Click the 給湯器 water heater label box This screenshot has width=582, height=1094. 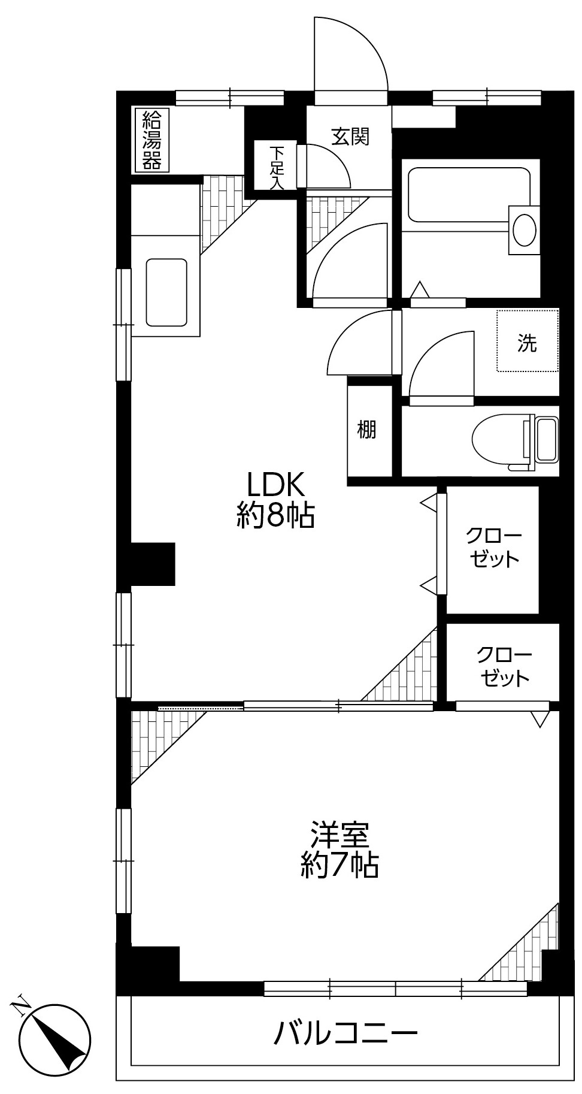click(151, 140)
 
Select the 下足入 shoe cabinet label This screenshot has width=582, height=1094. click(276, 166)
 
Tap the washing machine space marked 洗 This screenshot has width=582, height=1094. click(528, 340)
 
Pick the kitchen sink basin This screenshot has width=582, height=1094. click(166, 292)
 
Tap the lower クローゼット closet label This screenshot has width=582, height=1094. click(503, 666)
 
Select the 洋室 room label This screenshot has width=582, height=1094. click(339, 834)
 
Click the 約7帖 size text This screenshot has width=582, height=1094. click(339, 865)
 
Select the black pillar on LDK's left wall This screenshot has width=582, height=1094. click(153, 564)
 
